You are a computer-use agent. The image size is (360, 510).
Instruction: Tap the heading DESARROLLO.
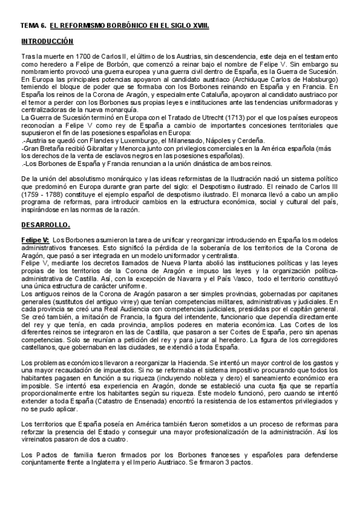[x=45, y=225]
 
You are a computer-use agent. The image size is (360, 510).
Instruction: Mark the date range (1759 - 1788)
[x=43, y=196]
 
